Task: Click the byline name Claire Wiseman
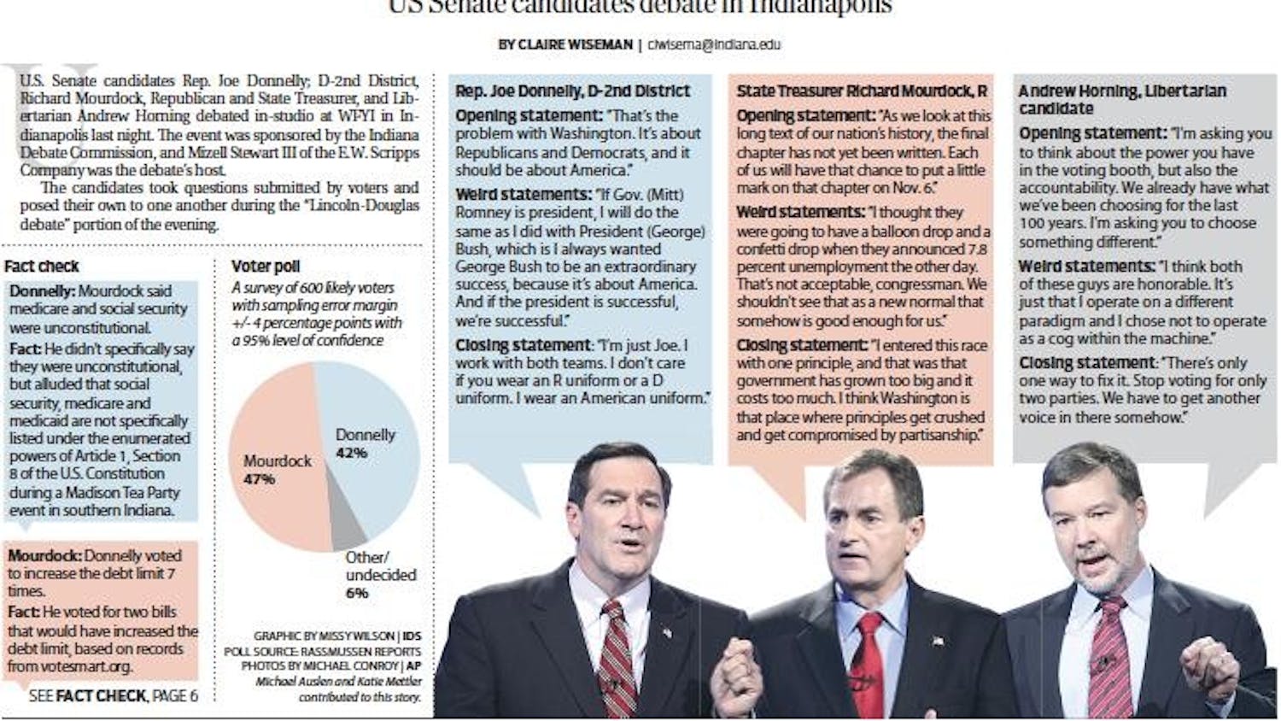[x=574, y=44]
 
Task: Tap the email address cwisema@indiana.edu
[x=714, y=44]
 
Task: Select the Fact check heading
[x=41, y=266]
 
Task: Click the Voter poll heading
[x=266, y=266]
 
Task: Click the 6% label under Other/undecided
[x=357, y=592]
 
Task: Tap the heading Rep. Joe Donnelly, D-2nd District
[x=572, y=91]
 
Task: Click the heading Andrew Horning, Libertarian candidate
[x=1121, y=99]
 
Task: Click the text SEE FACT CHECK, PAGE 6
[x=113, y=696]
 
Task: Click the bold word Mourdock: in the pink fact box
[x=44, y=555]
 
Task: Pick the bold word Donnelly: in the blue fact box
[x=42, y=291]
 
